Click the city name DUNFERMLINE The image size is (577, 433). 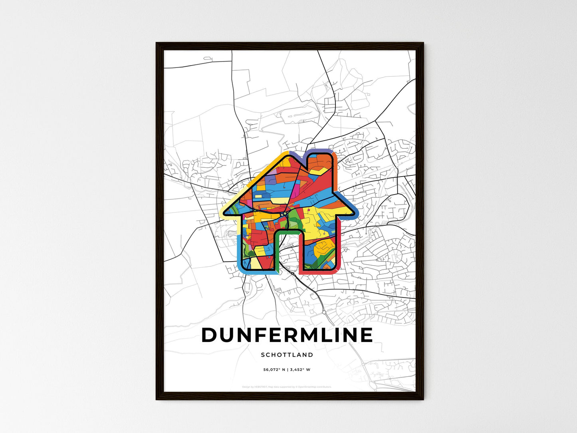(x=287, y=336)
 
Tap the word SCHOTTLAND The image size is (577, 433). (x=287, y=355)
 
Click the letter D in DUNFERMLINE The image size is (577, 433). (x=210, y=336)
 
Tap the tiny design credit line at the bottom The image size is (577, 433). (x=287, y=387)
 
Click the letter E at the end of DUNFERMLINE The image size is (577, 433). (x=366, y=336)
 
